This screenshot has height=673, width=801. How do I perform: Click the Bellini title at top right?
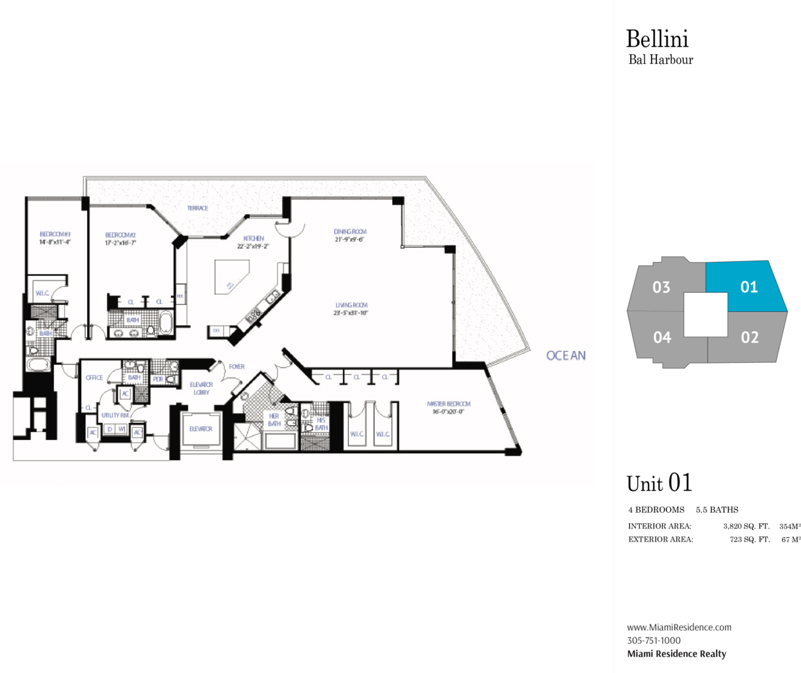coord(657,39)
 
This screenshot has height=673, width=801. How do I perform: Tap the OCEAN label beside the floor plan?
coord(566,356)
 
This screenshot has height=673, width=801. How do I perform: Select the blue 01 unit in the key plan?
coord(749,286)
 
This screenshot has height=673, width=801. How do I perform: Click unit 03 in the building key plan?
coord(661,287)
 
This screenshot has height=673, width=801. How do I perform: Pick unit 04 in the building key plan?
coord(662,337)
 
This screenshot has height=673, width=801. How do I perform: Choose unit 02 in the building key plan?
coord(749,337)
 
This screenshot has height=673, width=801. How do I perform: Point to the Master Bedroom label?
coord(448,404)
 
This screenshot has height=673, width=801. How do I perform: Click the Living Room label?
coord(351,305)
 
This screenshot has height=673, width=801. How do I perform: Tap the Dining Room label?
coord(349,232)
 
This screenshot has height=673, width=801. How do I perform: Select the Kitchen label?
coord(254,238)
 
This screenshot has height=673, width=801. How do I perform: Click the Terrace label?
coord(197,208)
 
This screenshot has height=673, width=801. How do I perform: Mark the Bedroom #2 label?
coord(120,235)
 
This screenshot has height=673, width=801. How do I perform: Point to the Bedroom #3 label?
coord(55,234)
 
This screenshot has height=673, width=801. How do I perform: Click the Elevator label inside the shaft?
coord(200,429)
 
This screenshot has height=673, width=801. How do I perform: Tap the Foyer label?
coord(236,367)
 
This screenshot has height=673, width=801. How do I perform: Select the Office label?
coord(94,377)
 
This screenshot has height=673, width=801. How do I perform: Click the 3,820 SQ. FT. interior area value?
coord(746,527)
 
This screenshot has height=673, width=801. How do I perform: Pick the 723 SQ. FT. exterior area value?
coord(749,539)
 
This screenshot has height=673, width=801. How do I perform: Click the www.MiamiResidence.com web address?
coord(679,627)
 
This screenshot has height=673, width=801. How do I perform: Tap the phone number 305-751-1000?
coord(654,640)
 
